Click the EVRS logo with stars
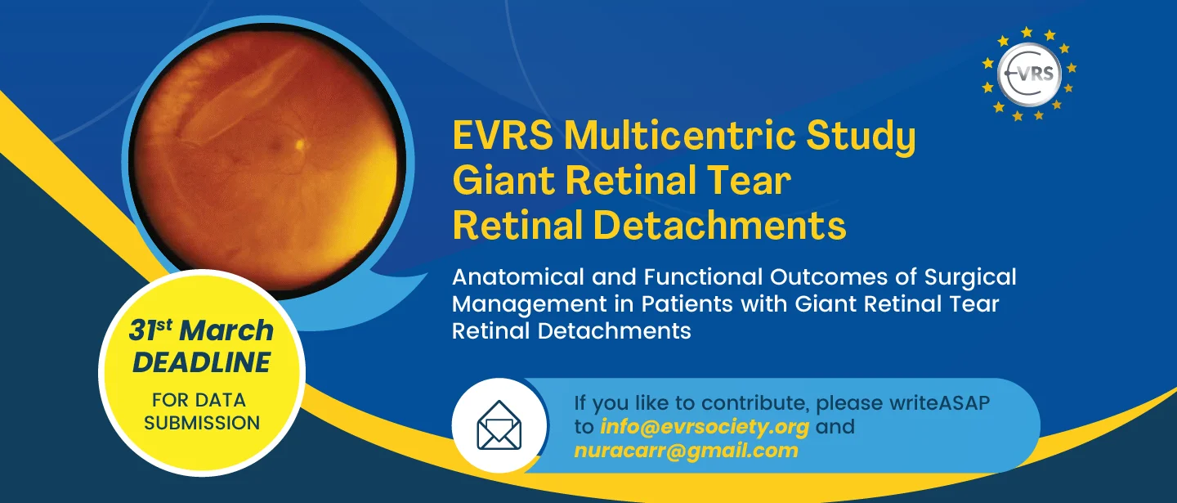1029,74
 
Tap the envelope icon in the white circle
499,425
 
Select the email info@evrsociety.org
705,426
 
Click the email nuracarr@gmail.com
687,451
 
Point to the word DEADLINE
201,362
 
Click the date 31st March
201,330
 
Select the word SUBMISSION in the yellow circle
202,423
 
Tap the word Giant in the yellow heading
503,180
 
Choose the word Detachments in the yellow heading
719,226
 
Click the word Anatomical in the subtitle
518,277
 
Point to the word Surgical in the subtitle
970,278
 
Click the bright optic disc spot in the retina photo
299,143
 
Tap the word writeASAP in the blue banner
939,402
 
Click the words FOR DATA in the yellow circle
199,400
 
